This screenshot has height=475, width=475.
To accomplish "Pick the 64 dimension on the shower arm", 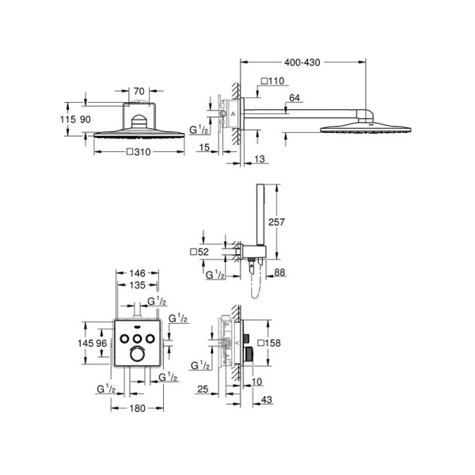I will [x=294, y=98].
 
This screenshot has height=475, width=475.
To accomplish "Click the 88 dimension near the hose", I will [x=279, y=274].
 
